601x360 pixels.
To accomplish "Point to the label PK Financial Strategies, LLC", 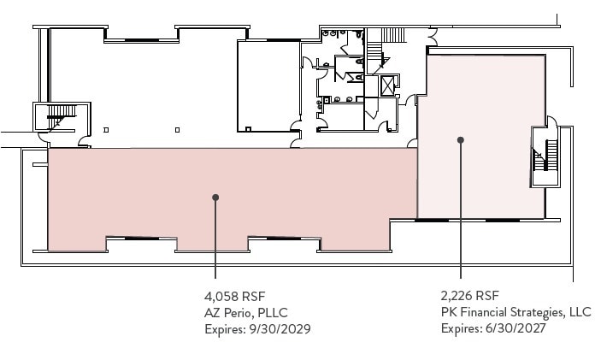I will click(x=516, y=312).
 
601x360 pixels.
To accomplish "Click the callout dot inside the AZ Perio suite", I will click(x=215, y=197).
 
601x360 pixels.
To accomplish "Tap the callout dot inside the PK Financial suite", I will click(x=461, y=139).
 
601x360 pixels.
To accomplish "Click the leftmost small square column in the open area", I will click(x=105, y=130).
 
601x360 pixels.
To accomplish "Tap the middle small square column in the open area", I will click(x=177, y=130).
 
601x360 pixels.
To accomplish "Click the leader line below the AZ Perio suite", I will click(x=215, y=248).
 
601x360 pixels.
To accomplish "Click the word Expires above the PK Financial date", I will click(x=460, y=328).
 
